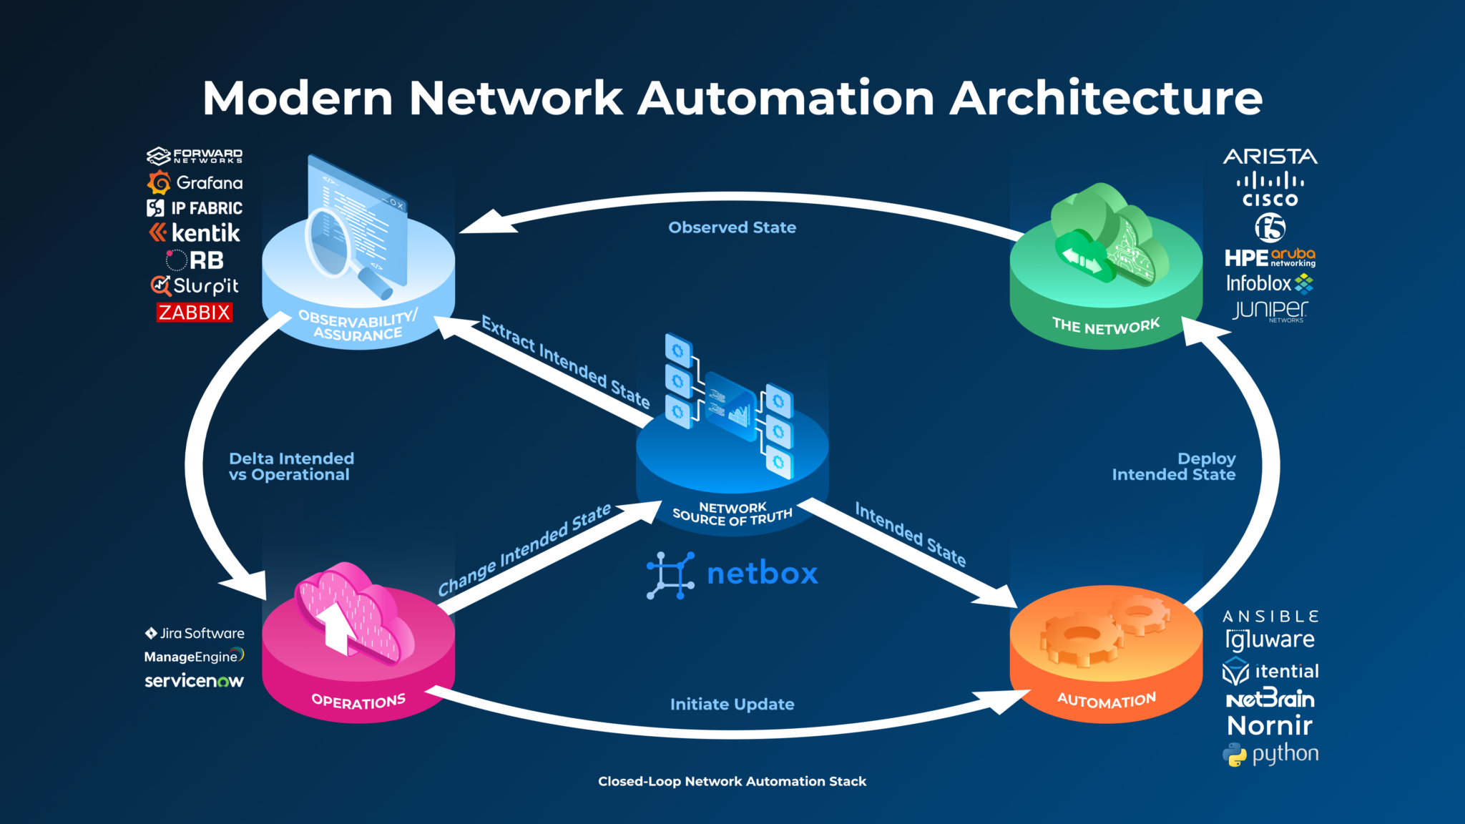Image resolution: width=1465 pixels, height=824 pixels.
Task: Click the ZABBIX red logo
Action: [x=195, y=313]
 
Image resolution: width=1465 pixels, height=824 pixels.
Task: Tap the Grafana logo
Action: [x=195, y=183]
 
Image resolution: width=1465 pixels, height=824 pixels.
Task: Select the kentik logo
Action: [x=195, y=233]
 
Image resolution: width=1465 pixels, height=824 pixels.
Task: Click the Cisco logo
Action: [x=1270, y=190]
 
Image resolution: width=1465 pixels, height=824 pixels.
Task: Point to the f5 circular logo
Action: [x=1270, y=228]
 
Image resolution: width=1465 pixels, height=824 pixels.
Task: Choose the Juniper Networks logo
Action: [x=1270, y=310]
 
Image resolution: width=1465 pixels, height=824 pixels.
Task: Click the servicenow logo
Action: [x=194, y=680]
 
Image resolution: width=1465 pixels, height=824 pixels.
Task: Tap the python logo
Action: [x=1270, y=754]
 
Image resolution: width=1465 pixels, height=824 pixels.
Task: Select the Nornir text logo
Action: [x=1270, y=725]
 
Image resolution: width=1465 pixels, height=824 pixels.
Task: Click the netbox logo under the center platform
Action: [x=732, y=574]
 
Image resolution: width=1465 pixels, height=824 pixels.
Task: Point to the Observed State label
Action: [x=732, y=227]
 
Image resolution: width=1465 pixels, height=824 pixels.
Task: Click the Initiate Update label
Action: [x=732, y=705]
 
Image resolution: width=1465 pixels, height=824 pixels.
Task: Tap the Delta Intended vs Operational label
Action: [x=291, y=466]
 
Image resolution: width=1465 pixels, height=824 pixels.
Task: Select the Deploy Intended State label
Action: [x=1174, y=466]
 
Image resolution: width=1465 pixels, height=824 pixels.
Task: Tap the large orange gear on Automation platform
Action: [x=1079, y=638]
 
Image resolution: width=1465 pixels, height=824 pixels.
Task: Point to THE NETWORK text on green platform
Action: [x=1106, y=325]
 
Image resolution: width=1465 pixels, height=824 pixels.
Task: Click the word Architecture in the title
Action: [x=1106, y=97]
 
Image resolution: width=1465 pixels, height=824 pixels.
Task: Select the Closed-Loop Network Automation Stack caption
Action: [x=732, y=781]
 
